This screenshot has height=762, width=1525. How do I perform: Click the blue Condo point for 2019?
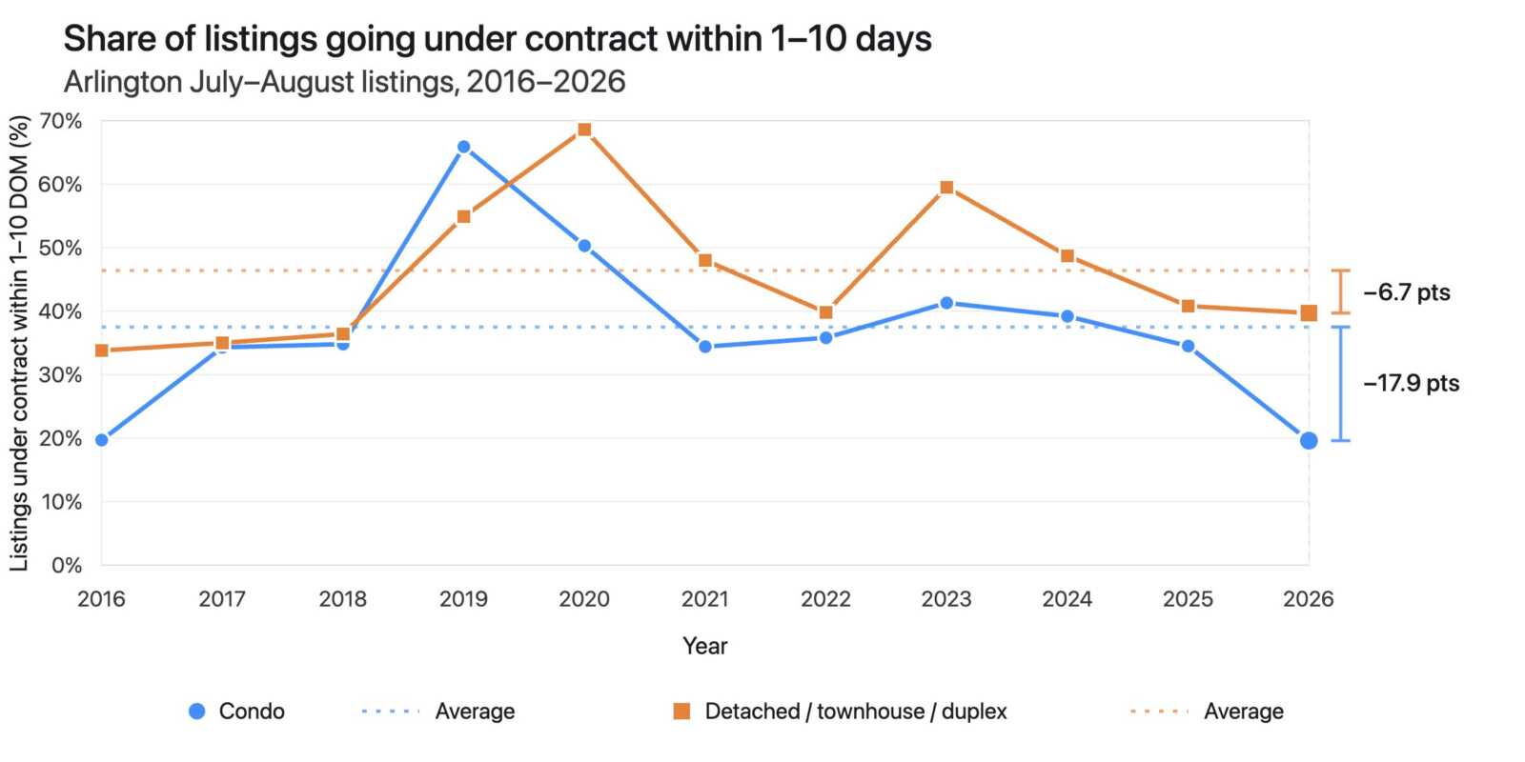[x=463, y=147]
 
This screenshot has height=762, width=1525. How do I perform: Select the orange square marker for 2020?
[x=584, y=130]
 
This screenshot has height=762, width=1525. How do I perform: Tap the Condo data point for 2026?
[x=1309, y=441]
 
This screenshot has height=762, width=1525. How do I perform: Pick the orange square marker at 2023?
[x=946, y=188]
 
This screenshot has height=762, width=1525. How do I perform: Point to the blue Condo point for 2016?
[x=101, y=440]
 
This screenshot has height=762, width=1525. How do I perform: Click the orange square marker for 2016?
[x=101, y=351]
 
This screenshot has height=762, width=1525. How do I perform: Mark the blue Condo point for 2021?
[x=705, y=347]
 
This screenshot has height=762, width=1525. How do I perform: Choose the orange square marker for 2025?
[x=1188, y=306]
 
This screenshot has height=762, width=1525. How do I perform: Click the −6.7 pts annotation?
[x=1407, y=292]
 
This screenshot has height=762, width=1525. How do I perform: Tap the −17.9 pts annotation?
[x=1412, y=383]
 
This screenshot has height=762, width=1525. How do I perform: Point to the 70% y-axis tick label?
[x=61, y=121]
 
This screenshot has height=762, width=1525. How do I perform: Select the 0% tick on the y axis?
[x=67, y=566]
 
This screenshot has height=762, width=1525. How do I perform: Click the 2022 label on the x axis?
[x=825, y=599]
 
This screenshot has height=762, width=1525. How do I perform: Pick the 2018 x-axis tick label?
[x=343, y=599]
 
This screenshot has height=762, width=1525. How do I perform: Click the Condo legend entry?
[x=236, y=712]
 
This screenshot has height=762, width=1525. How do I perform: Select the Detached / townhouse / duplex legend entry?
[x=840, y=712]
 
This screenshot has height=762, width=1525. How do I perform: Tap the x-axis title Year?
[x=705, y=646]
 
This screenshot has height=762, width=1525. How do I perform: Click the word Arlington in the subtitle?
[x=123, y=83]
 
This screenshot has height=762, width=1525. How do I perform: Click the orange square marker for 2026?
[x=1309, y=313]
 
